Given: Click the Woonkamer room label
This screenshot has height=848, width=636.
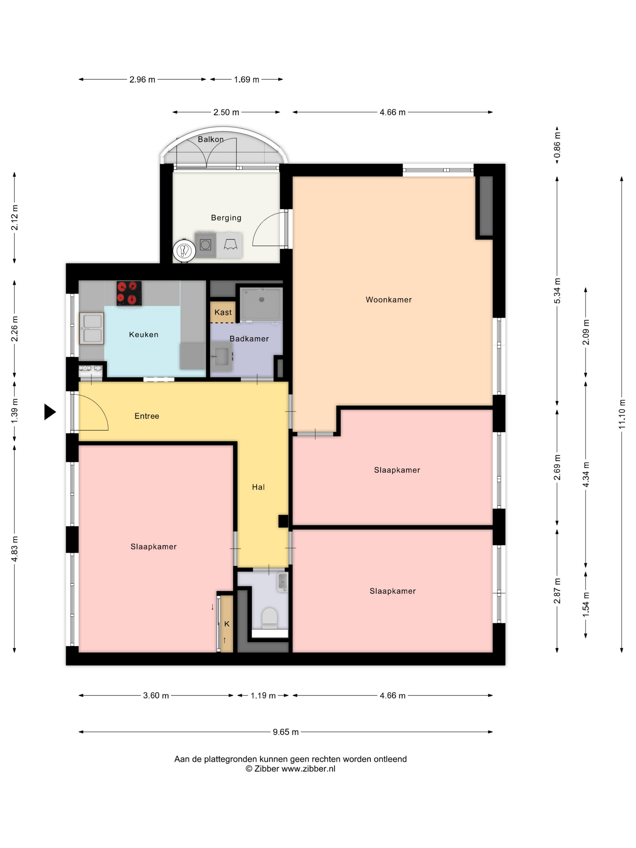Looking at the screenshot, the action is [x=388, y=300].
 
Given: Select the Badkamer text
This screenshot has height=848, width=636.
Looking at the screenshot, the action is [x=249, y=339].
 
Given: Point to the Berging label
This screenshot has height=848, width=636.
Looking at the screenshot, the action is [x=226, y=218].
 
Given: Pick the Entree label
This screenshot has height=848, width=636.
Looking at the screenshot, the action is [x=147, y=416].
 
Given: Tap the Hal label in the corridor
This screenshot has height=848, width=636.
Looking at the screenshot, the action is [x=258, y=487].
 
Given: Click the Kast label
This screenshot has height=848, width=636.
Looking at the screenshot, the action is [x=223, y=313].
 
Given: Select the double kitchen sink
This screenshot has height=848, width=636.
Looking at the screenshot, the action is [x=92, y=328].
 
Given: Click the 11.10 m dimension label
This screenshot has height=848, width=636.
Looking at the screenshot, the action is [x=621, y=414].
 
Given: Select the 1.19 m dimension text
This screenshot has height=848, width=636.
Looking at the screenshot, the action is [x=263, y=695].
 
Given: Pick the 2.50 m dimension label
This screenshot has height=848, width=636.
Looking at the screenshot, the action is [x=226, y=112].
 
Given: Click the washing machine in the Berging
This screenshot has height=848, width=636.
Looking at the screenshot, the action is [x=205, y=245].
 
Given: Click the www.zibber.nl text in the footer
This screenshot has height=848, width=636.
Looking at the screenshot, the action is [x=308, y=769].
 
